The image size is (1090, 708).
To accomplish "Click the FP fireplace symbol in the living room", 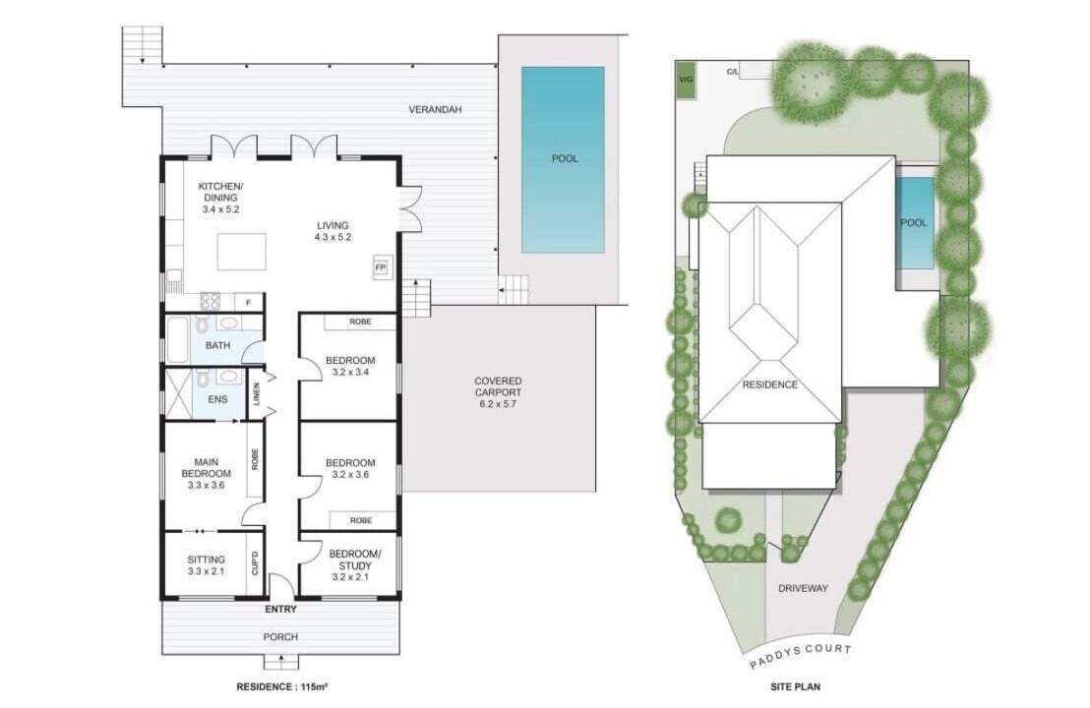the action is [381, 266].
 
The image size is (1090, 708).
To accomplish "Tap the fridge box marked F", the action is [248, 302].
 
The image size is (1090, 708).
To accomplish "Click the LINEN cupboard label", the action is [257, 394].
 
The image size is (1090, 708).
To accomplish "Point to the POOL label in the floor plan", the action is [565, 158].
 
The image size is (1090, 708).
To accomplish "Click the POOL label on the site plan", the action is [914, 223].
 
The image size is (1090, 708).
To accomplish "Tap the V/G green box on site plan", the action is [686, 81].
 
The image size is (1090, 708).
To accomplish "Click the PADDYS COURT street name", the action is [800, 656].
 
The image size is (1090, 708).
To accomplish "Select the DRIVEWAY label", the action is [803, 588].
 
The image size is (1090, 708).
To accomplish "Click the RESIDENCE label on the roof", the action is [770, 384].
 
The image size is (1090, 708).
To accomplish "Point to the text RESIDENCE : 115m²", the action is [282, 686].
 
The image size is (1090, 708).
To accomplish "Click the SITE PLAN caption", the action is [795, 686].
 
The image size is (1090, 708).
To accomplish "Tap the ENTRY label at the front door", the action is [280, 610].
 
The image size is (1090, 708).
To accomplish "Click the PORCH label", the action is [280, 636].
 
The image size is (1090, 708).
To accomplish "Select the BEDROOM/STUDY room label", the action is [354, 560].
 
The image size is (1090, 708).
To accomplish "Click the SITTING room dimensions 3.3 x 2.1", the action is [207, 571].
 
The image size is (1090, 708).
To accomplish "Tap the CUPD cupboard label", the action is [255, 562].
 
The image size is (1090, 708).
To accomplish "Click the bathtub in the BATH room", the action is [176, 340].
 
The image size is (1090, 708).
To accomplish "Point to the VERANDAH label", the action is [435, 110].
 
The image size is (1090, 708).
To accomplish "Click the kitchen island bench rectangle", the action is [241, 252].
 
